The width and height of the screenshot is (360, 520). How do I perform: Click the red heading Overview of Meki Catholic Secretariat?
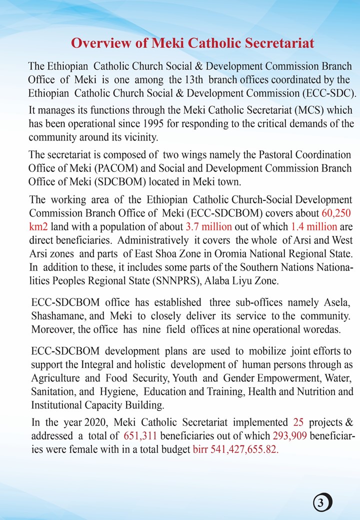point(192,43)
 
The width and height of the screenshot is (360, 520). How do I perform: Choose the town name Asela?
point(342,303)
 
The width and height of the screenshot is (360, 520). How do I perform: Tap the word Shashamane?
point(53,316)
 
